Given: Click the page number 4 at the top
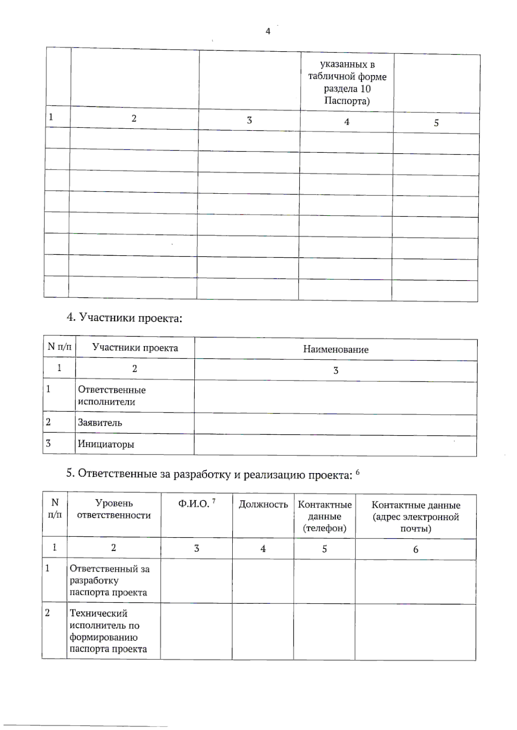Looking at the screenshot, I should pyautogui.click(x=268, y=31).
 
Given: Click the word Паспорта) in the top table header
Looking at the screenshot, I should pyautogui.click(x=347, y=101).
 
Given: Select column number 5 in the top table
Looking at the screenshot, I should pyautogui.click(x=436, y=123).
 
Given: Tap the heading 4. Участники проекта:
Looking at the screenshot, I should pyautogui.click(x=124, y=318).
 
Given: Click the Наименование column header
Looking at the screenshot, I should pyautogui.click(x=336, y=349).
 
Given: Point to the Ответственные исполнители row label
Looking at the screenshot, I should pyautogui.click(x=112, y=396).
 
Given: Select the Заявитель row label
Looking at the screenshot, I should pyautogui.click(x=100, y=423).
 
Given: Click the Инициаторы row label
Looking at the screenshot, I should pyautogui.click(x=106, y=444).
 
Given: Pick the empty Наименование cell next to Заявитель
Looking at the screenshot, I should pyautogui.click(x=335, y=424).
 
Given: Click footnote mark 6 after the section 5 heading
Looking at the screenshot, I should pyautogui.click(x=358, y=473).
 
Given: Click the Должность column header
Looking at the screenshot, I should pyautogui.click(x=263, y=504).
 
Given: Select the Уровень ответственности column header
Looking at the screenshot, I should pyautogui.click(x=114, y=509).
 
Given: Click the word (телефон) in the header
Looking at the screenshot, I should pyautogui.click(x=324, y=528).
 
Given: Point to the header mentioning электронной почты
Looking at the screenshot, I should pyautogui.click(x=416, y=517).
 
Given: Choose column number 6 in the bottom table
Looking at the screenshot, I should pyautogui.click(x=415, y=549).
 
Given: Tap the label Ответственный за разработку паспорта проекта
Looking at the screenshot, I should pyautogui.click(x=109, y=580).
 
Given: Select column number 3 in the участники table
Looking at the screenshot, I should pyautogui.click(x=336, y=371).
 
